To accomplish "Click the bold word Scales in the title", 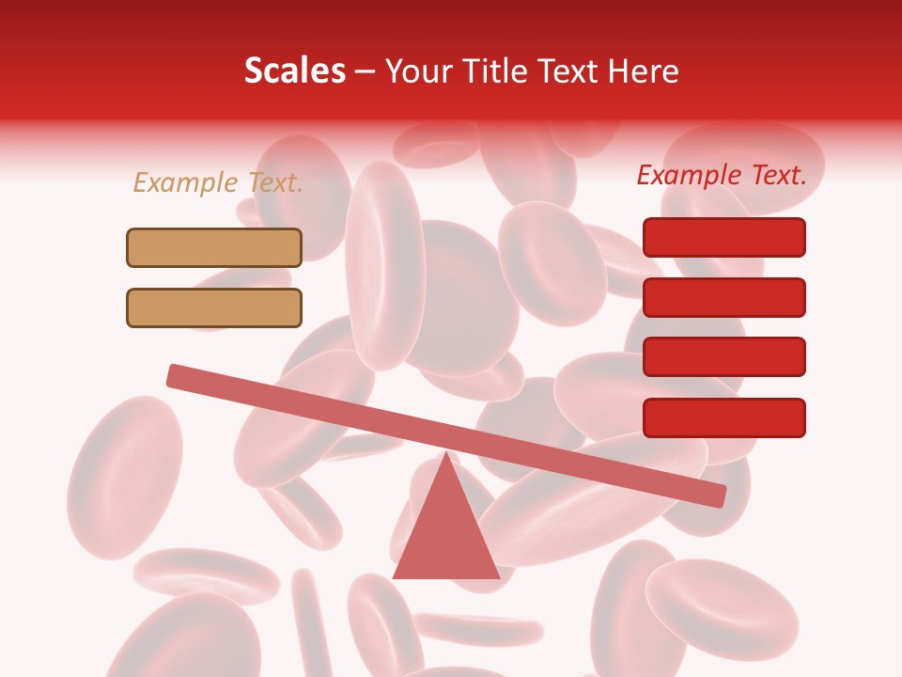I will (x=295, y=71).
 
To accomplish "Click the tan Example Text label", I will (x=218, y=182).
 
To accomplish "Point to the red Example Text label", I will (x=722, y=175).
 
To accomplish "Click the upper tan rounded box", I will (x=214, y=247).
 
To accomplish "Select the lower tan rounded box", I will (x=214, y=307).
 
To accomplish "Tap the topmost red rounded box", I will (x=723, y=237).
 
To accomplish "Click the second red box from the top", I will (x=723, y=297).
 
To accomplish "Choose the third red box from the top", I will (x=723, y=357).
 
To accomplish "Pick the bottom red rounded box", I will (x=723, y=417).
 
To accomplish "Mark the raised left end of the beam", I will (x=175, y=375).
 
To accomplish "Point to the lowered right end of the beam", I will (x=718, y=496).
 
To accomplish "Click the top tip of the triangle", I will (x=445, y=453).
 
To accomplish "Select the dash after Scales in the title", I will (x=365, y=71).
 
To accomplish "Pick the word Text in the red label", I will (x=775, y=175).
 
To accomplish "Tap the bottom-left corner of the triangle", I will (x=394, y=577).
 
